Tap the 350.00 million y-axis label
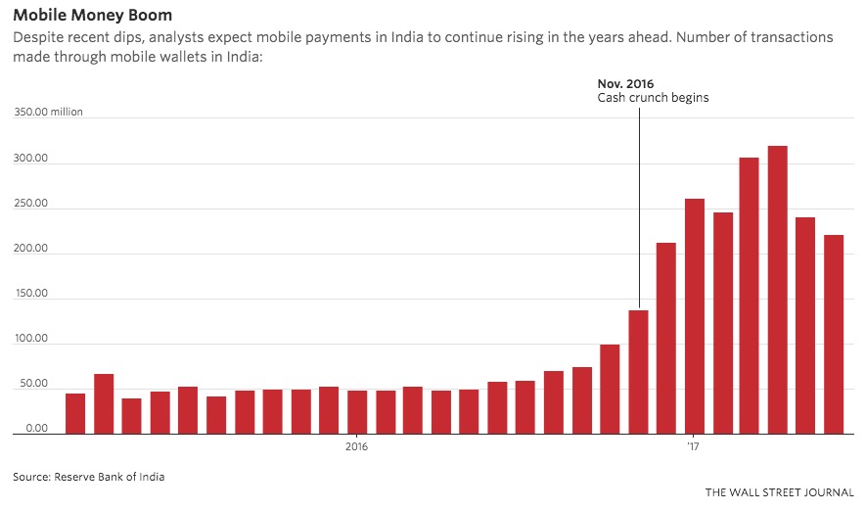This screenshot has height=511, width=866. (48, 113)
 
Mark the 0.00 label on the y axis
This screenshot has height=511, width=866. (33, 429)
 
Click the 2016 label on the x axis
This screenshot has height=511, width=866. (356, 447)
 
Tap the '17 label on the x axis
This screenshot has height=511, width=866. (693, 447)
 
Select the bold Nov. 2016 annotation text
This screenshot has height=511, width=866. (625, 84)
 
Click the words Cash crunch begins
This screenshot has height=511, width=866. (653, 98)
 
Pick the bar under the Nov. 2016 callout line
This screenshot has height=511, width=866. (639, 372)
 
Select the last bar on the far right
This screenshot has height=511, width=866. (834, 334)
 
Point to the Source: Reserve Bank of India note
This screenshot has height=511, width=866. (89, 478)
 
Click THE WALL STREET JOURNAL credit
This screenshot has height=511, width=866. (780, 492)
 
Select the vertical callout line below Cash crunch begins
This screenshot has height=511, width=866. (640, 206)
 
